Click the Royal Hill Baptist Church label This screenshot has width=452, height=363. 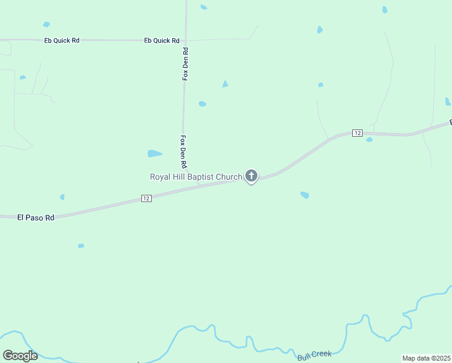[196, 177]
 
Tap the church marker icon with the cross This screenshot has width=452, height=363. [251, 176]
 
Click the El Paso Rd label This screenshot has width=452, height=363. [36, 217]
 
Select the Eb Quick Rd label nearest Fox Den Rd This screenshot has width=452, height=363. [162, 41]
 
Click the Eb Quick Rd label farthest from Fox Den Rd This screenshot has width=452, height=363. [62, 41]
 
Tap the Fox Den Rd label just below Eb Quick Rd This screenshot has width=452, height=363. [186, 64]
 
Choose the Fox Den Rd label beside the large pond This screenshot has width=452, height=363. [182, 151]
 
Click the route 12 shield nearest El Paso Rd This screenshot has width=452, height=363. [146, 198]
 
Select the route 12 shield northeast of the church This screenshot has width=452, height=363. [357, 133]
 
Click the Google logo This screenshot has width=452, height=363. [20, 356]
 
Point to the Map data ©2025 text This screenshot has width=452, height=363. [426, 358]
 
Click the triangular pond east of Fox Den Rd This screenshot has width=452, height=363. [225, 84]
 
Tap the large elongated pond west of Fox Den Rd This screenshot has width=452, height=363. [155, 154]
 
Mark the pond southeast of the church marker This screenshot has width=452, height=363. [305, 195]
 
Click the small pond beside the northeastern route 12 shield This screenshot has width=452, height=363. [369, 140]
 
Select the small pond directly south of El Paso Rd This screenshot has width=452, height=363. [81, 246]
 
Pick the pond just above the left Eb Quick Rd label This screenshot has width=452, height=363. [47, 24]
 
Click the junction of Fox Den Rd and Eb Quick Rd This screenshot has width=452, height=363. [186, 41]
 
